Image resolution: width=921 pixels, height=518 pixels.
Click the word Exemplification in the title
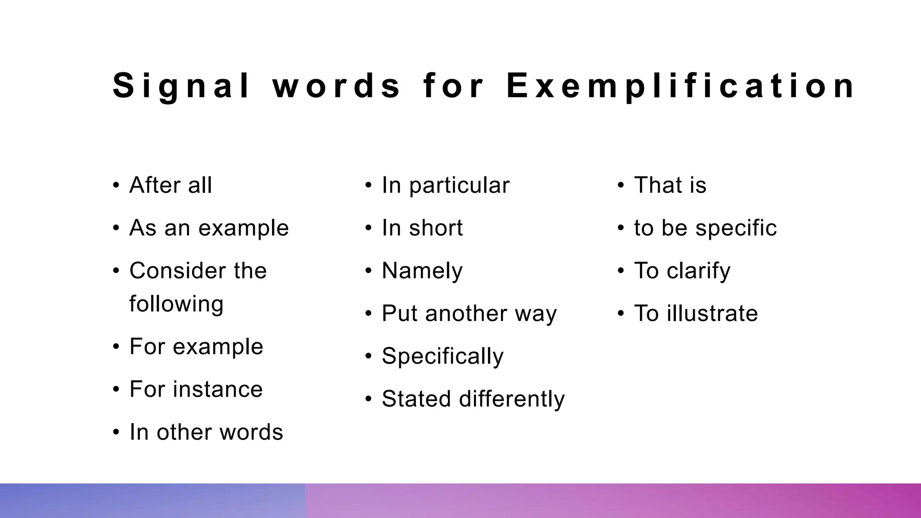click(680, 86)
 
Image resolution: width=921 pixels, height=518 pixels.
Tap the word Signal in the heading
click(181, 86)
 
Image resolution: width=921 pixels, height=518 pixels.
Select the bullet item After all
click(170, 185)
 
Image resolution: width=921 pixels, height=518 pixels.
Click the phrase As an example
click(209, 228)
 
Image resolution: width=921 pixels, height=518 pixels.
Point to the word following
click(176, 304)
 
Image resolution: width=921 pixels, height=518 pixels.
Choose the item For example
click(196, 347)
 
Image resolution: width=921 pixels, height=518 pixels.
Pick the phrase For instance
click(196, 389)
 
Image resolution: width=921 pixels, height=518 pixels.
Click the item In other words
click(206, 432)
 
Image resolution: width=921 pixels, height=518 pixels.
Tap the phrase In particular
click(445, 185)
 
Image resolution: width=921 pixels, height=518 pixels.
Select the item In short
click(422, 228)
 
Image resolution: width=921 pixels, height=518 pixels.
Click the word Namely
click(422, 271)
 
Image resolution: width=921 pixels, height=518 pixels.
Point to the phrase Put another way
click(469, 313)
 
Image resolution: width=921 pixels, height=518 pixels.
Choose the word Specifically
click(443, 356)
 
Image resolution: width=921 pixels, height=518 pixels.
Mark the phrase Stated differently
click(473, 399)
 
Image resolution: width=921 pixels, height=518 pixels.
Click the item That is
click(670, 185)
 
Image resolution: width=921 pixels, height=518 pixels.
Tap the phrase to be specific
click(705, 228)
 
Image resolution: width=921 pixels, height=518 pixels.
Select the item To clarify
click(682, 271)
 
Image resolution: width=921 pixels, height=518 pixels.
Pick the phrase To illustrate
click(696, 313)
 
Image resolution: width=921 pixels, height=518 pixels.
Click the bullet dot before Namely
click(369, 271)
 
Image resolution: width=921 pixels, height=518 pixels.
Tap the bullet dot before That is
click(621, 185)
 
